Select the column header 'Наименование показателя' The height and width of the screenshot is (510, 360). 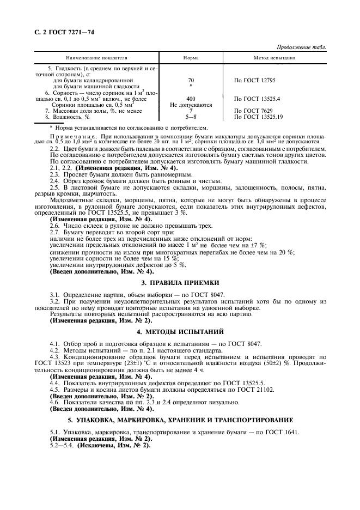pos(96,57)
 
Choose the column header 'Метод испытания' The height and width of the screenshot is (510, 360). pos(275,57)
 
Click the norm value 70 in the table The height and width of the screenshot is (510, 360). pos(191,80)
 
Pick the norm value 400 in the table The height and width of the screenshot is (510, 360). pos(191,99)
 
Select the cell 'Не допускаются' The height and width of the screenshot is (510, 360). pos(191,105)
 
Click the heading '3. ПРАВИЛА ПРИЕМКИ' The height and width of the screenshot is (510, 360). pos(180,283)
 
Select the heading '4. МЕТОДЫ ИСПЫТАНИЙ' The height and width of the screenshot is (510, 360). pos(180,331)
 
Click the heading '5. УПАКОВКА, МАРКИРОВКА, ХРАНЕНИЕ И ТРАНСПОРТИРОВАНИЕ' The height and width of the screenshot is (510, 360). pos(180,420)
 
